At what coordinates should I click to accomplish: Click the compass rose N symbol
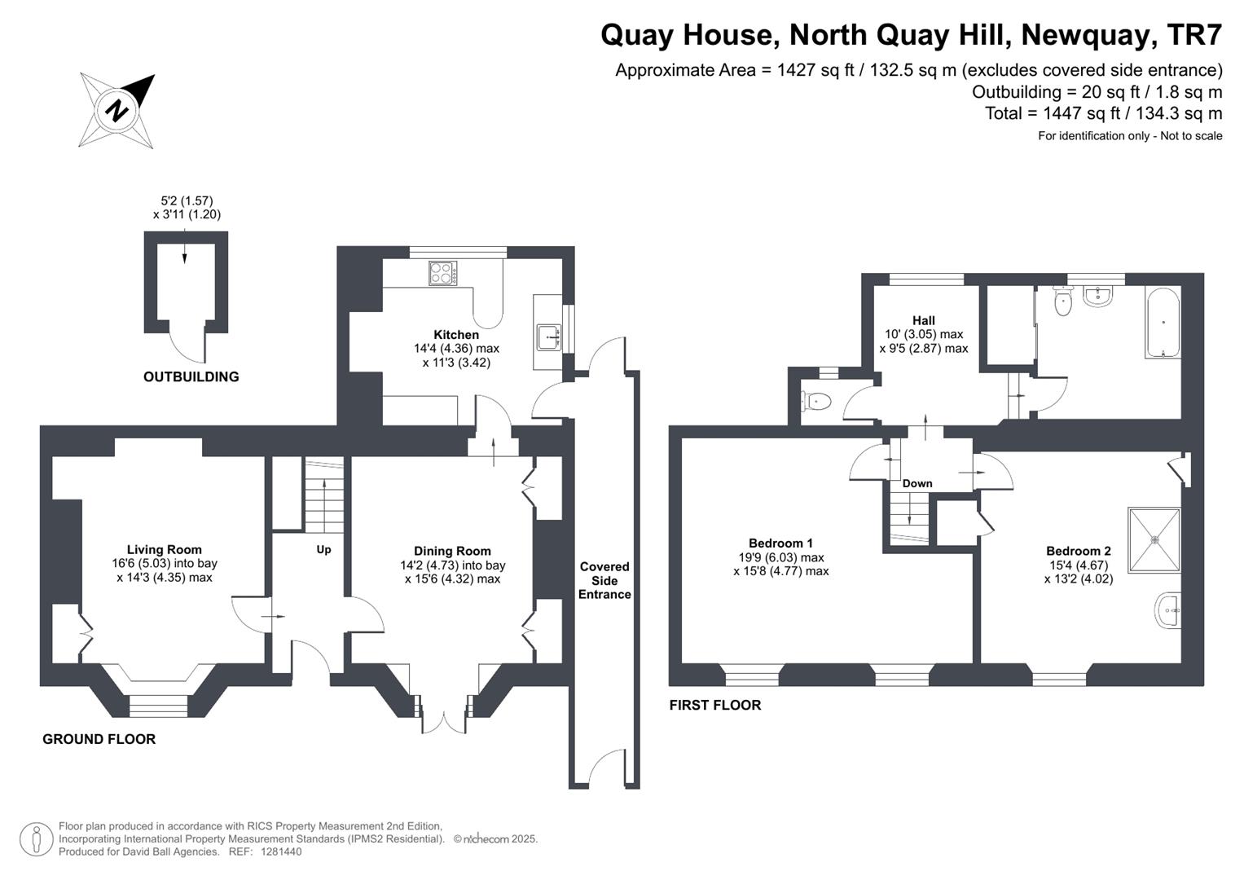point(117,109)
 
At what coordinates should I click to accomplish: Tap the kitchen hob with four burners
point(443,273)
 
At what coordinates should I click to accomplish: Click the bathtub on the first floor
point(1163,322)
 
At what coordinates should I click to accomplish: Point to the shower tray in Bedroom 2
point(1154,539)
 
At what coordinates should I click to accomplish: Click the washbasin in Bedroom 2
point(1168,610)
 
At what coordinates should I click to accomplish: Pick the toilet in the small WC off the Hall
point(815,401)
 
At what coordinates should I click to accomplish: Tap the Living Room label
point(165,549)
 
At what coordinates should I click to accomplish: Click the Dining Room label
point(452,551)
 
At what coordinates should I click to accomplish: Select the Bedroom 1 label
point(780,543)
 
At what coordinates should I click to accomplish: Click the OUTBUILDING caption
point(191,376)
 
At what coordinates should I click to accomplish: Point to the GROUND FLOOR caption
point(99,739)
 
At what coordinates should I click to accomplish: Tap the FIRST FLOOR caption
point(714,705)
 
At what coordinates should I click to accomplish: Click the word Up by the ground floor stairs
point(323,549)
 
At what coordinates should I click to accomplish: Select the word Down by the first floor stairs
point(917,483)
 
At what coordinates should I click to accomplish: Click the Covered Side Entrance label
point(604,580)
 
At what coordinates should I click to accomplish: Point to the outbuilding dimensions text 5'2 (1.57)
point(187,200)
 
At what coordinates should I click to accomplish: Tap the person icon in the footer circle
point(37,838)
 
